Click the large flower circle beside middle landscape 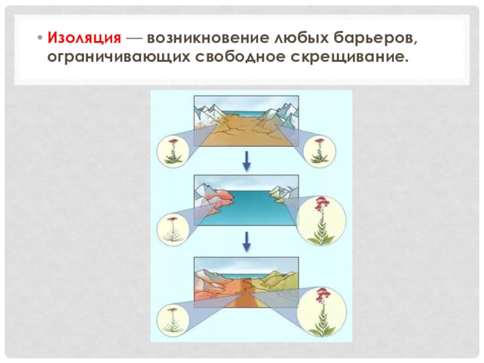click(321, 220)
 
